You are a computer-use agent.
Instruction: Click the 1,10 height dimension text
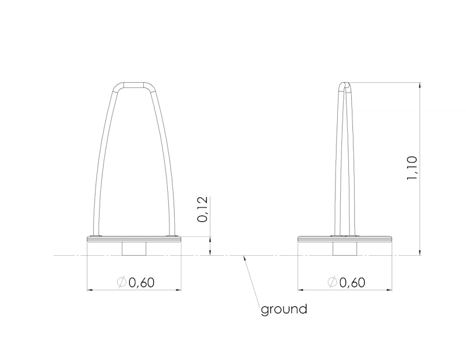click(412, 168)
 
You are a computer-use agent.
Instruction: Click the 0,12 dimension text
click(202, 209)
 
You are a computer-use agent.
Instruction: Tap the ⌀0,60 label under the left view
click(136, 282)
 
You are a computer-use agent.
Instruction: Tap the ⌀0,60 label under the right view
click(346, 282)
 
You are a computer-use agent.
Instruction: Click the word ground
click(284, 309)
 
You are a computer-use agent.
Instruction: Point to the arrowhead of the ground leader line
click(244, 258)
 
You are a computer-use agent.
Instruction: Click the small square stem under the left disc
click(134, 249)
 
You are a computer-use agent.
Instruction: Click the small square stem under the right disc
click(344, 249)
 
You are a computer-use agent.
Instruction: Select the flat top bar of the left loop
click(134, 84)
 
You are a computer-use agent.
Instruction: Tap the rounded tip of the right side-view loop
click(345, 84)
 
